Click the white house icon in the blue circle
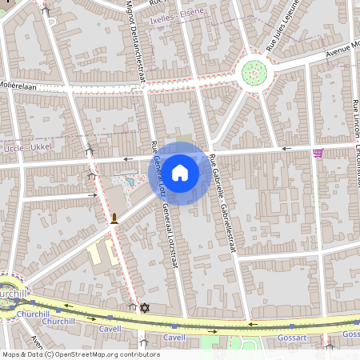(x=180, y=172)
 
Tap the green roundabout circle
(x=254, y=72)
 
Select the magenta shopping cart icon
(x=318, y=153)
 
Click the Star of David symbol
(x=145, y=307)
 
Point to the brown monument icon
(x=115, y=218)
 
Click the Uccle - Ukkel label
(x=26, y=149)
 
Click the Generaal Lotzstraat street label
(x=167, y=240)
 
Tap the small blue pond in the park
(x=131, y=182)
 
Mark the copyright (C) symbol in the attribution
(x=49, y=354)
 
